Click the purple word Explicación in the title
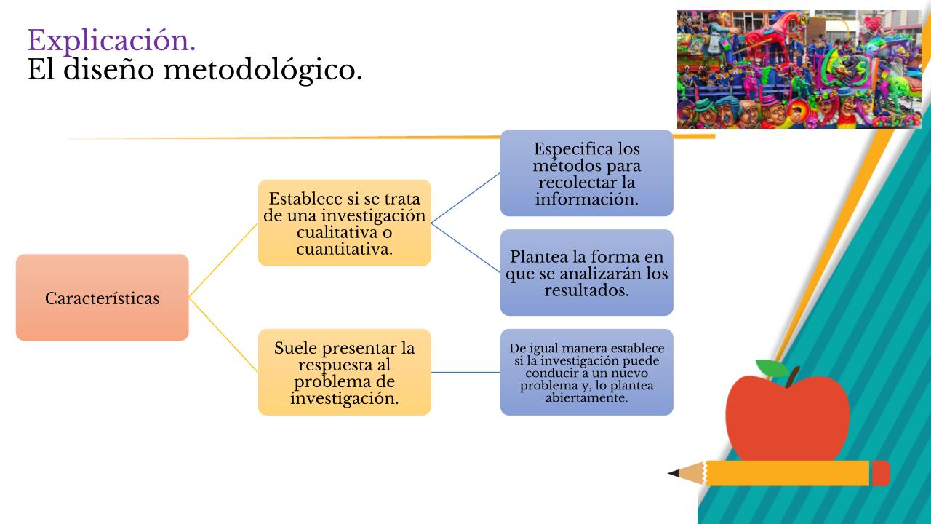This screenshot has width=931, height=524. tap(111, 41)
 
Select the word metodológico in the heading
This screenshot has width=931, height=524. tap(263, 70)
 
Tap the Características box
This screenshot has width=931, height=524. tap(103, 298)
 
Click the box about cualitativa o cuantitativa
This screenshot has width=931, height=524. tap(345, 223)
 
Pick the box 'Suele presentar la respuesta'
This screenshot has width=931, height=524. tap(345, 372)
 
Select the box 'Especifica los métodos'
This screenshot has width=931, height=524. tap(587, 173)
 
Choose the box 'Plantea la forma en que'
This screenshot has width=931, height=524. tap(587, 272)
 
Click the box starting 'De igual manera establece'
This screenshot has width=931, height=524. tap(587, 372)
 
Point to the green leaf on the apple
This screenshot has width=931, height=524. tap(772, 368)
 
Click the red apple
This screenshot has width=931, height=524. tap(788, 418)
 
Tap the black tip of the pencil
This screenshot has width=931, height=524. tap(674, 473)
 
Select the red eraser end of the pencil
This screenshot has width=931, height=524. tap(881, 473)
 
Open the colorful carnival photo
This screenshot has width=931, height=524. tap(799, 69)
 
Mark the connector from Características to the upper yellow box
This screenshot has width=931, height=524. tap(223, 261)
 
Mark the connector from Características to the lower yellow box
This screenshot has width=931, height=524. tap(223, 335)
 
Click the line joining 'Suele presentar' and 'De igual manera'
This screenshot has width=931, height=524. tap(465, 372)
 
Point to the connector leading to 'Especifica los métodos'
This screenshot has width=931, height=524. tap(465, 198)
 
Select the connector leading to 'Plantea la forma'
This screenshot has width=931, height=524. tap(465, 248)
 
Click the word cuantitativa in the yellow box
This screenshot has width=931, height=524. tap(345, 249)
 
